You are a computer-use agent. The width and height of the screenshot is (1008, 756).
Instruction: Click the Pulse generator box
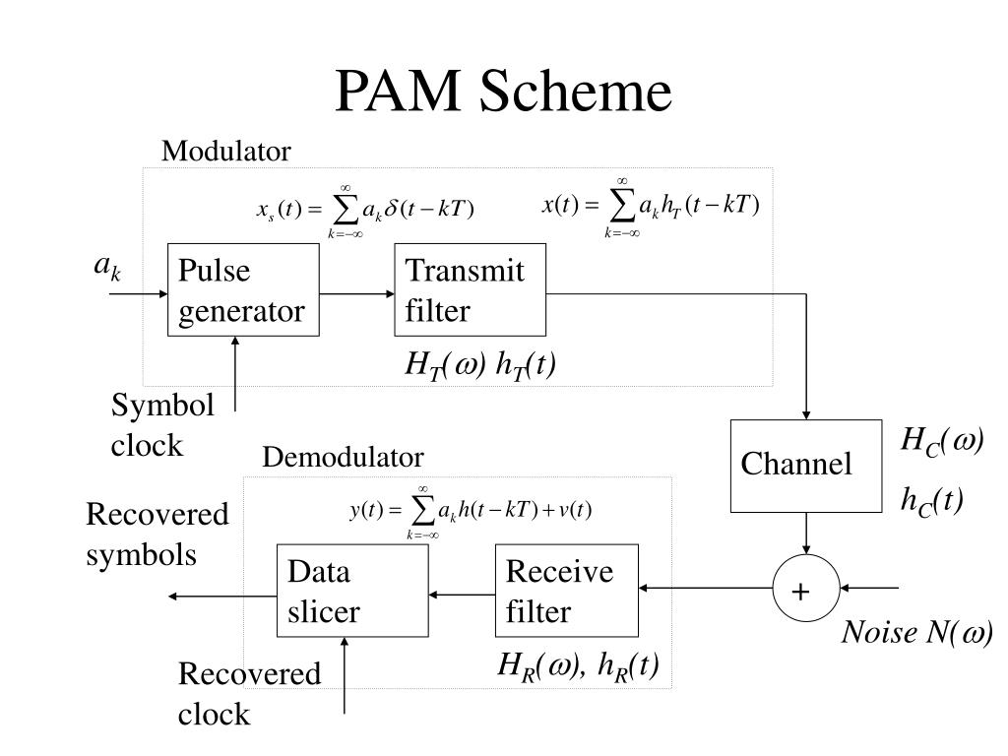click(x=243, y=289)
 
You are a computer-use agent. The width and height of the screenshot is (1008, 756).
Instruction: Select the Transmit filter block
click(x=470, y=289)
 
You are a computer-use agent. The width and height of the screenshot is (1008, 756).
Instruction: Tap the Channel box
click(x=806, y=466)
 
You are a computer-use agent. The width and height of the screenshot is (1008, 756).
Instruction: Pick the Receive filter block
click(x=566, y=591)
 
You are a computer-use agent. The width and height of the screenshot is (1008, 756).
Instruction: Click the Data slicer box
click(x=352, y=591)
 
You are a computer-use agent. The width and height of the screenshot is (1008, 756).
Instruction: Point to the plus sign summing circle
click(x=806, y=589)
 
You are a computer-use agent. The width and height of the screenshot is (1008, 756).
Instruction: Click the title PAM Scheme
click(x=503, y=90)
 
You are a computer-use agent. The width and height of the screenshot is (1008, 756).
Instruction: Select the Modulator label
click(x=226, y=151)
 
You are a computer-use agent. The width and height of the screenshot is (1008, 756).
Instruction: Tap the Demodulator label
click(x=344, y=457)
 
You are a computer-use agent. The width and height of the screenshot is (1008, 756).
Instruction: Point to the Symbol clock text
click(x=162, y=425)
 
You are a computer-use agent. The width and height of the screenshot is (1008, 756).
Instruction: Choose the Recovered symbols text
click(x=157, y=535)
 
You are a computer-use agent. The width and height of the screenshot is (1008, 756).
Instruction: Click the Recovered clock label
click(x=249, y=694)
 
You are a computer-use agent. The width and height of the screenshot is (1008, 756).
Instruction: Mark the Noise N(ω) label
click(x=917, y=632)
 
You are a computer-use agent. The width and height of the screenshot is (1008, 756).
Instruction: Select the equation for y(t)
click(x=471, y=512)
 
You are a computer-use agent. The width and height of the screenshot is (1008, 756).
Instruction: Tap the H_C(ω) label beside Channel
click(x=942, y=442)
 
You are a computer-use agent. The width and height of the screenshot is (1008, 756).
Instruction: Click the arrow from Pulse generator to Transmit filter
click(x=356, y=293)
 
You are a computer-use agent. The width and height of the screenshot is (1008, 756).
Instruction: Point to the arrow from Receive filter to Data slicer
click(x=462, y=595)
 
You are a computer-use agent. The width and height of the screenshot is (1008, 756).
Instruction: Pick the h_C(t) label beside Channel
click(x=932, y=501)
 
